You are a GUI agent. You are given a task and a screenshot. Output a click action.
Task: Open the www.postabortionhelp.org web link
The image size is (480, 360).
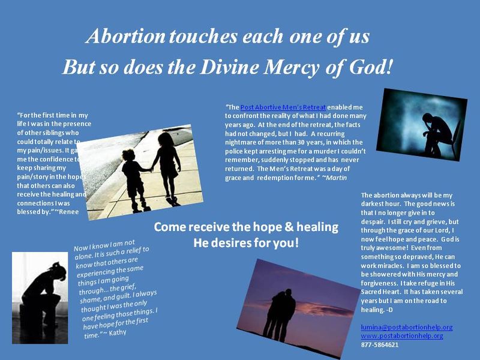(401, 336)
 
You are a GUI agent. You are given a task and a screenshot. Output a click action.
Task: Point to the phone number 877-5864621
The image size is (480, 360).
(379, 345)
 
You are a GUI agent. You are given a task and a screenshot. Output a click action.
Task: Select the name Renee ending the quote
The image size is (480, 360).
(68, 211)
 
